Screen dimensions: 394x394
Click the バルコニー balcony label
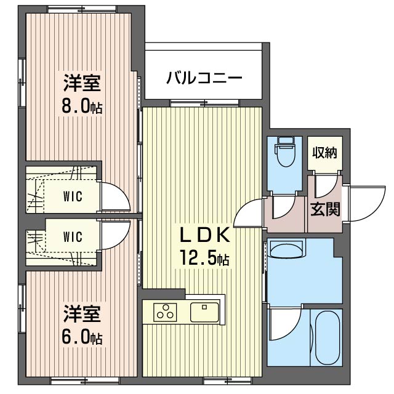click(204, 77)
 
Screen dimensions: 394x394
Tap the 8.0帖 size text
click(82, 108)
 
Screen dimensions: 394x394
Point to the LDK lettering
click(204, 235)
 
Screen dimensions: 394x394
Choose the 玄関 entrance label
click(325, 209)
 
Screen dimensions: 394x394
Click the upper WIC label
click(73, 196)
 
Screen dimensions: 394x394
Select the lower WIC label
click(73, 236)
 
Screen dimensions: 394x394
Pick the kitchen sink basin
click(204, 312)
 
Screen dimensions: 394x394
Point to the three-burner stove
click(165, 312)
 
